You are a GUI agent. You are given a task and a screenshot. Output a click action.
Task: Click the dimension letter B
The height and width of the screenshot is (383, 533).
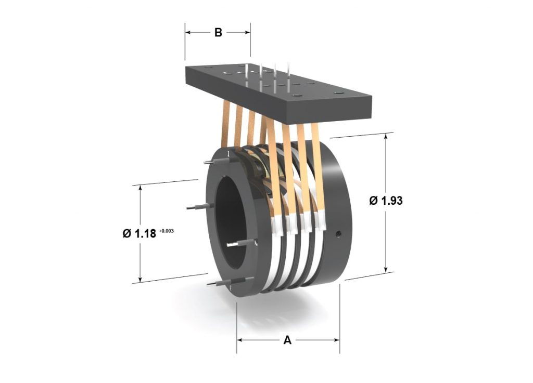pos(218,32)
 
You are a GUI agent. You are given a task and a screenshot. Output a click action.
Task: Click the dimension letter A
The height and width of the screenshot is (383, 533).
pos(287,340)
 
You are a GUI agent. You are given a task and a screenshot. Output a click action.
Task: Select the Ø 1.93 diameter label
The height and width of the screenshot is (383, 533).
pos(386,201)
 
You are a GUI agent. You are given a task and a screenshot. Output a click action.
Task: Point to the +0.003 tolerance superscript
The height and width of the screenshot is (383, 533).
pos(167,230)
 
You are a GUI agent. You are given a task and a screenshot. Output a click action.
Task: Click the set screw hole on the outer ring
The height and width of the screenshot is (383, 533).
pos(338,234)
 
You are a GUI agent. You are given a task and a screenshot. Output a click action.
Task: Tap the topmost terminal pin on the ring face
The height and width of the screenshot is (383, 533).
pos(208,162)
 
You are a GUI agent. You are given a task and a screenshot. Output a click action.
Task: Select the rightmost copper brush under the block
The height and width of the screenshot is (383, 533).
pos(319,166)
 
